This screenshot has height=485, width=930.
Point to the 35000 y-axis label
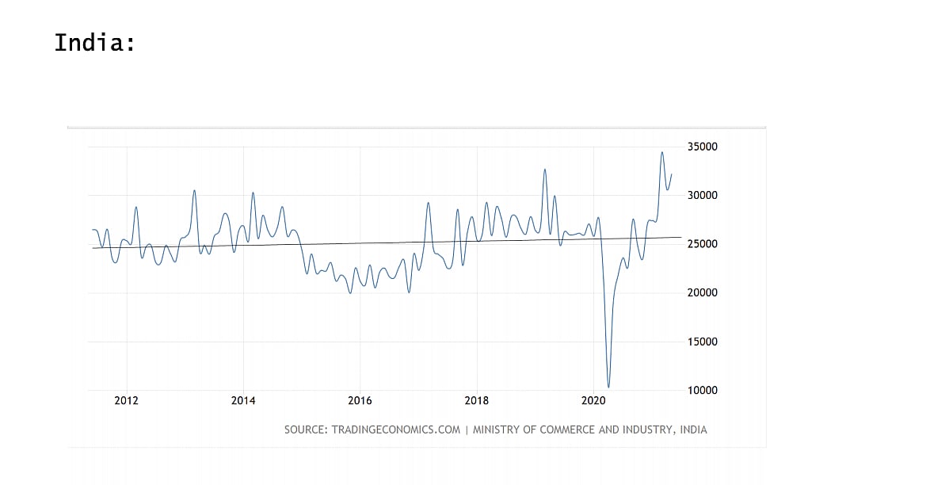701,147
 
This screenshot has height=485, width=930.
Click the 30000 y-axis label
701,196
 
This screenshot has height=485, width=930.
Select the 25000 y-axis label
701,244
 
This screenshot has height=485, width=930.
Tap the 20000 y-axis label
701,293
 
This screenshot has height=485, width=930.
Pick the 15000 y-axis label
701,342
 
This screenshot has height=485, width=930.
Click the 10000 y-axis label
701,391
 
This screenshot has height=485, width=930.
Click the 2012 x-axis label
127,400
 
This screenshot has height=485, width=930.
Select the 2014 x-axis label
243,400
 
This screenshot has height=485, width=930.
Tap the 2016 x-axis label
360,400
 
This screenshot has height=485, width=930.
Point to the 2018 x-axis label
476,400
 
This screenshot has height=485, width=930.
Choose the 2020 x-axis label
593,400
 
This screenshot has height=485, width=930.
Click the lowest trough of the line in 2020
608,388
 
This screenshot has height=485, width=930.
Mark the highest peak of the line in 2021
662,152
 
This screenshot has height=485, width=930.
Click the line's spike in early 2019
545,169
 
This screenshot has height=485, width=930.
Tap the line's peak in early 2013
194,190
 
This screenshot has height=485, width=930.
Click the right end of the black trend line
680,237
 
